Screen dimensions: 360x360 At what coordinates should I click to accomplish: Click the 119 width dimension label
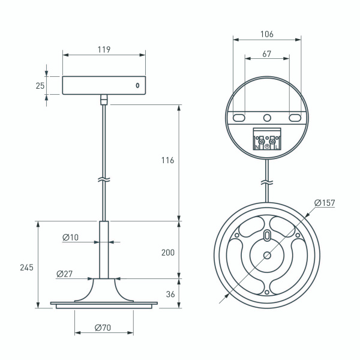click(x=104, y=50)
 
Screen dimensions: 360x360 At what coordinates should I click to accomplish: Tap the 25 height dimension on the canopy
click(x=40, y=85)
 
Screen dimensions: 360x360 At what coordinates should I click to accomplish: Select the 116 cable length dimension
click(x=168, y=161)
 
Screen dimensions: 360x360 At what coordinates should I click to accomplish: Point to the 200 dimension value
click(x=168, y=253)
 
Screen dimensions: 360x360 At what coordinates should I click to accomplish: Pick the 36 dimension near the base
click(x=170, y=295)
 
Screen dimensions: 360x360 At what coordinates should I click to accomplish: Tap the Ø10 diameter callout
click(x=70, y=238)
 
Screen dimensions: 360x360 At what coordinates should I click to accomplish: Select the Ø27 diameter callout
click(x=65, y=274)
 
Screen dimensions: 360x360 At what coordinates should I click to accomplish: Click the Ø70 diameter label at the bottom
click(x=103, y=328)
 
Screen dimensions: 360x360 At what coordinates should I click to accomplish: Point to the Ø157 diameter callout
click(x=324, y=203)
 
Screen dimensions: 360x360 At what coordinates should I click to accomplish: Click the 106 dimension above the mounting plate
click(x=267, y=35)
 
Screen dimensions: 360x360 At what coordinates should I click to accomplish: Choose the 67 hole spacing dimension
click(x=267, y=54)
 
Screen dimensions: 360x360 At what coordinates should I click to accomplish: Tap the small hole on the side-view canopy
click(x=137, y=85)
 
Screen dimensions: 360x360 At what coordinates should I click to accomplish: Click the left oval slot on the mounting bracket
click(x=239, y=117)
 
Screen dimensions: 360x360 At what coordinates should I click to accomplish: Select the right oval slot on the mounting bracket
click(x=295, y=117)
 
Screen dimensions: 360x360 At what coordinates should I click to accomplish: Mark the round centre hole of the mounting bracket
click(x=267, y=117)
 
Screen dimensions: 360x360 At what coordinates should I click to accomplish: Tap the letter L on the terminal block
click(x=276, y=146)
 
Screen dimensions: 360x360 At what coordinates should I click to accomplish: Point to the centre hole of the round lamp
click(x=267, y=255)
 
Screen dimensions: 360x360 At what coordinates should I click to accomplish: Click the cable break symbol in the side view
click(x=104, y=179)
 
